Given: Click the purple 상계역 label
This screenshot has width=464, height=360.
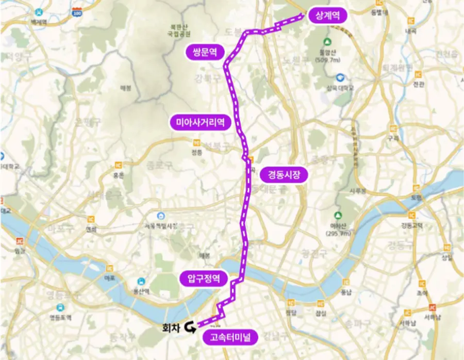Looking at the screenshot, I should click(328, 15).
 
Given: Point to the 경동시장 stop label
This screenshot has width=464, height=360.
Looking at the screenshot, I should click(284, 175).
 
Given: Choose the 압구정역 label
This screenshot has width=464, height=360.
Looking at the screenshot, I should click(203, 279).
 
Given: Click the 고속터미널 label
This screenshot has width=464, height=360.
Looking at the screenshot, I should click(230, 338).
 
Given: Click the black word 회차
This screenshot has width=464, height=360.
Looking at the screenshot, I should click(170, 327).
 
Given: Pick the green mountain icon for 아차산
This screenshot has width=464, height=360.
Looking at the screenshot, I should click(338, 215).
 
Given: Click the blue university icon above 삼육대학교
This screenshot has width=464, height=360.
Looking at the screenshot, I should click(340, 77).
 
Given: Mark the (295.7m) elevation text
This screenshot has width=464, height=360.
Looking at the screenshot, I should click(338, 234).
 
